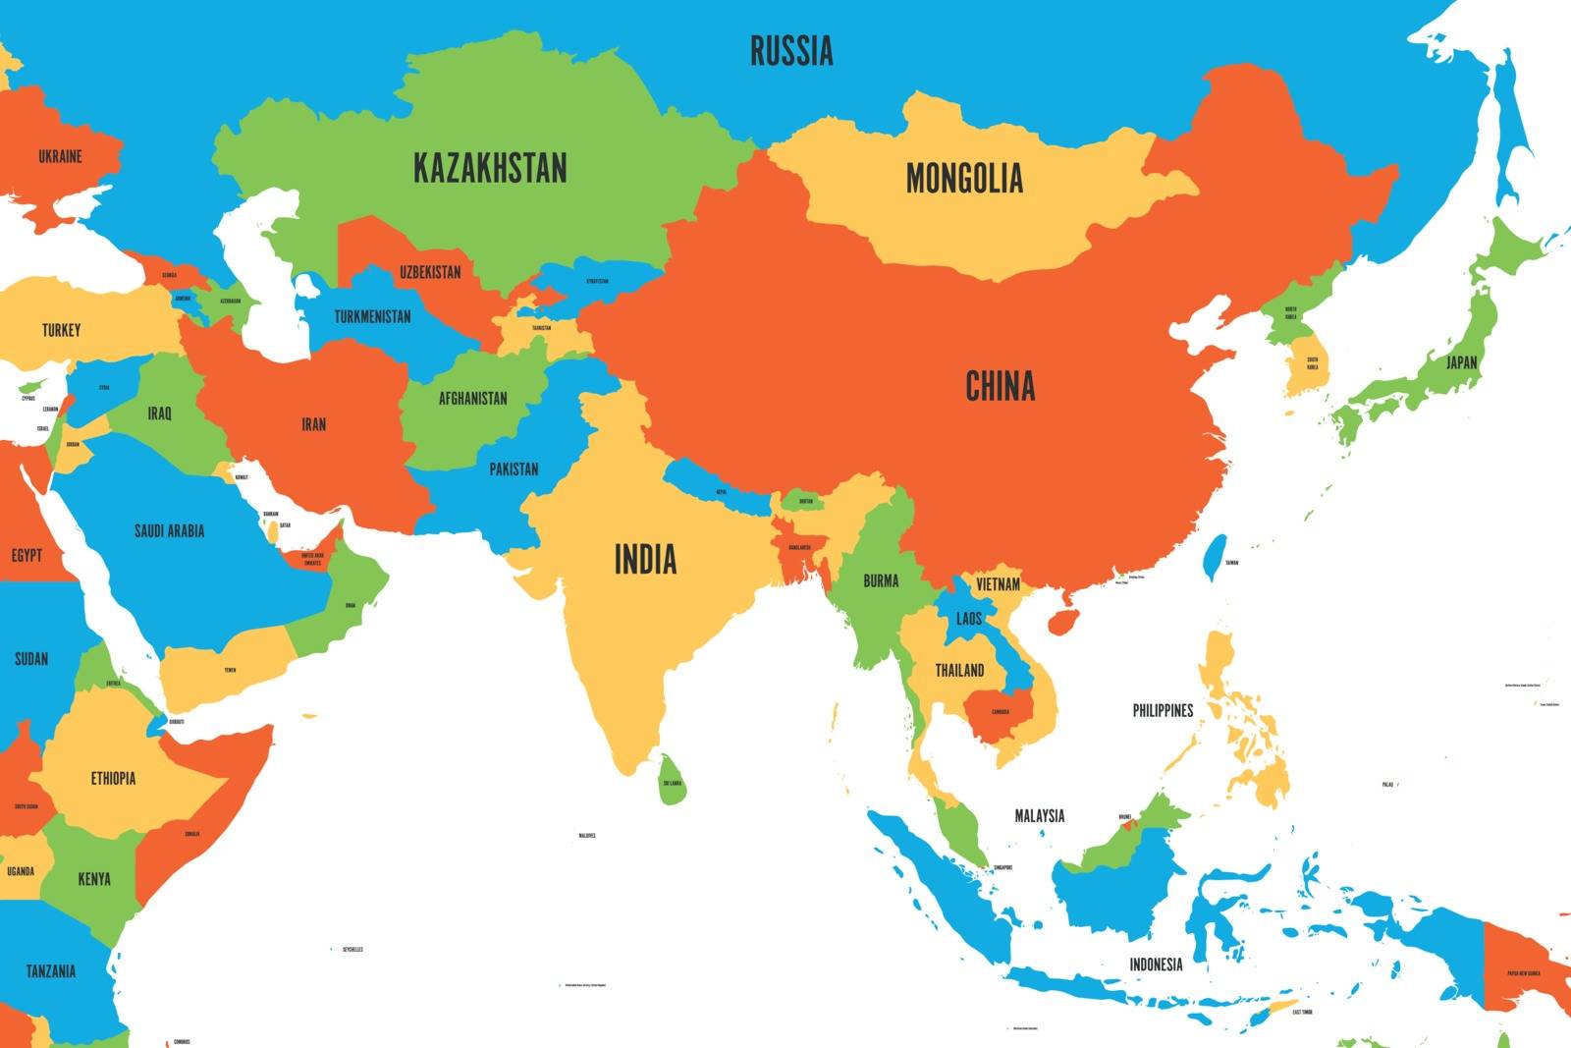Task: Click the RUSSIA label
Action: point(791,51)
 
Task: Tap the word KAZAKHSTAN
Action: point(490,168)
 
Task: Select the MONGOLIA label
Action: point(964,179)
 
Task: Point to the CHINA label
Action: point(1000,386)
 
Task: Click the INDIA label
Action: point(645,560)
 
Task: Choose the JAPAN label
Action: point(1461,362)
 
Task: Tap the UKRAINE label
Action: point(60,156)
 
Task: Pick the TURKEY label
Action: point(61,330)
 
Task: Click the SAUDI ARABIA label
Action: point(169,531)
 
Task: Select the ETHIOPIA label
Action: point(113,779)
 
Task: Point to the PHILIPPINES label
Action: point(1163,710)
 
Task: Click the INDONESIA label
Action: point(1156,965)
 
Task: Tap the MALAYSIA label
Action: point(1039,815)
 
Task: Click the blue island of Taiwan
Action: point(1215,556)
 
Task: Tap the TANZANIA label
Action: point(50,971)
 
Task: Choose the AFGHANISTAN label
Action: point(472,399)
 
